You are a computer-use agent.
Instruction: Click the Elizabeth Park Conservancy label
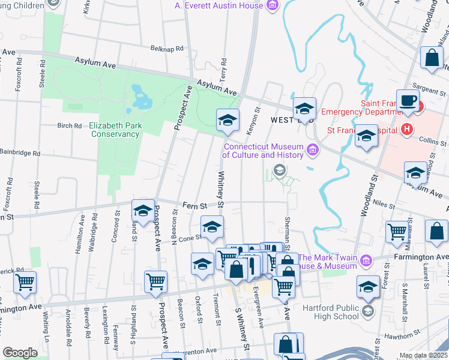(115, 130)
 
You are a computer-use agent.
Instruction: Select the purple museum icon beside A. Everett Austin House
(273, 6)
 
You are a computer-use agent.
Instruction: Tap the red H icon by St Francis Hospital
(406, 129)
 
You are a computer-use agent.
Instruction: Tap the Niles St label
(380, 204)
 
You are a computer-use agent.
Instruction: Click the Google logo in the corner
(20, 352)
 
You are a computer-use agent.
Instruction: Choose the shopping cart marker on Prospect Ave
(156, 281)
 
